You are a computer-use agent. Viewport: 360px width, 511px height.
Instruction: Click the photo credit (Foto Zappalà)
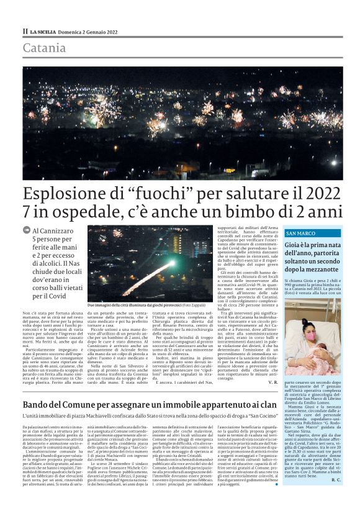pos(194,306)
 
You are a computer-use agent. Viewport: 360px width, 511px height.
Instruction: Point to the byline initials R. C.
pos(336,480)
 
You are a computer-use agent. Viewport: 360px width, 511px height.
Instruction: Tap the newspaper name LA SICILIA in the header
pos(44,32)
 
